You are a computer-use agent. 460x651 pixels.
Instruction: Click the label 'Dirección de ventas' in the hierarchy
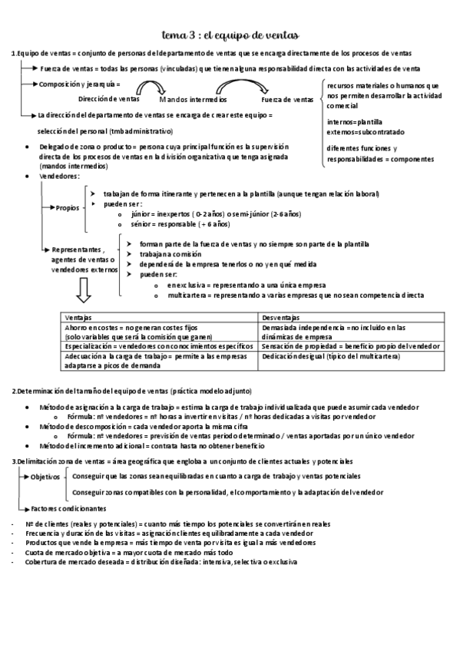pos(109,99)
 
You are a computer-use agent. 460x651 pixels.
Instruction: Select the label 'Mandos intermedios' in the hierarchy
pos(193,100)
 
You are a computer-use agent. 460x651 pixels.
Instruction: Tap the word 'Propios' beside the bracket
pos(67,208)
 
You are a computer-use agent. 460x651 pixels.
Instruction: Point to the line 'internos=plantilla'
pos(354,121)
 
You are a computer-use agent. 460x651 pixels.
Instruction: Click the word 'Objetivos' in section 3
pos(45,477)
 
